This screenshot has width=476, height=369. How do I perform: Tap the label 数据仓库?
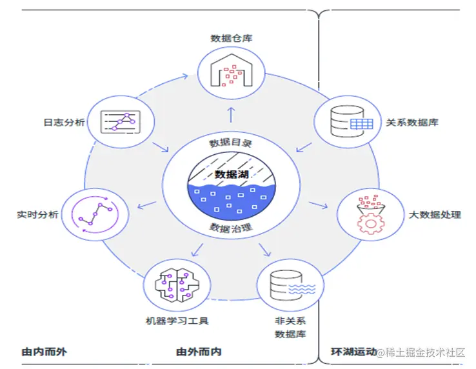click(x=231, y=38)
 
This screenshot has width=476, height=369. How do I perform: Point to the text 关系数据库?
click(x=412, y=122)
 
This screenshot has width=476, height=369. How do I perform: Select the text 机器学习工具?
click(x=176, y=320)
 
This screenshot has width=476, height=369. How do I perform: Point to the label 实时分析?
click(x=37, y=214)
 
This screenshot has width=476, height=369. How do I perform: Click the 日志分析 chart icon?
click(x=120, y=120)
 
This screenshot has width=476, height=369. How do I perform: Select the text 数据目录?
click(x=230, y=143)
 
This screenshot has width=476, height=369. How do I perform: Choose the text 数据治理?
click(x=230, y=227)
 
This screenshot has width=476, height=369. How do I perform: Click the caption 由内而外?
click(x=44, y=352)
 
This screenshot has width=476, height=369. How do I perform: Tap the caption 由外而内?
click(x=199, y=352)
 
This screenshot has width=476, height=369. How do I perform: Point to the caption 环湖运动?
click(x=353, y=352)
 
